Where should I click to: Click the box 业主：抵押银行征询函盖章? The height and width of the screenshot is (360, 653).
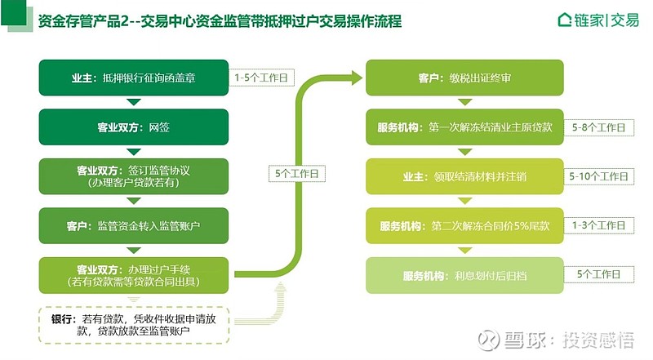coord(134,78)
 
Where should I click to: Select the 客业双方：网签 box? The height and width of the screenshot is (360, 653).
coord(134,127)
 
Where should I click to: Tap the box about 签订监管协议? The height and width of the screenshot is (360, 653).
coord(134,176)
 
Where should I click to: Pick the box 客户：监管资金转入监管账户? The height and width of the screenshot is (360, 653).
coord(134,226)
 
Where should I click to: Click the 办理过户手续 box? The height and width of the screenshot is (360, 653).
coord(134,275)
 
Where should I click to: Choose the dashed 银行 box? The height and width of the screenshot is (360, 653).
coord(134,325)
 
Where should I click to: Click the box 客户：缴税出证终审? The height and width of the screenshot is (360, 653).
coord(464,78)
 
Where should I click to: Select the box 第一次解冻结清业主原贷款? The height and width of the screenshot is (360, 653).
coord(464,127)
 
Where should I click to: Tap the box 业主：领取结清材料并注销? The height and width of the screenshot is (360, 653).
coord(464,176)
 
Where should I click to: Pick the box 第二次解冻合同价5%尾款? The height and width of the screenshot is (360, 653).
coord(464,226)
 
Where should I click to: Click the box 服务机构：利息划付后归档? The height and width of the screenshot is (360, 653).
coord(464,275)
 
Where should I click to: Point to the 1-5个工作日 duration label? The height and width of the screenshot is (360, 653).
coord(261,78)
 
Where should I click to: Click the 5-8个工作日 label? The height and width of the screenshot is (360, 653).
coord(598,127)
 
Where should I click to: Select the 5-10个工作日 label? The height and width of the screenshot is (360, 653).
coord(598,176)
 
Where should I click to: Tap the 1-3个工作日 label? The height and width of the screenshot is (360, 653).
coord(598,225)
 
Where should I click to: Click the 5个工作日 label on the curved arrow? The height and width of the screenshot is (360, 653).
coord(296,173)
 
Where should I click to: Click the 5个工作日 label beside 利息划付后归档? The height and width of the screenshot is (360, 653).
coord(598,274)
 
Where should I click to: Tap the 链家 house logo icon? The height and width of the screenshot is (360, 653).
coord(564,20)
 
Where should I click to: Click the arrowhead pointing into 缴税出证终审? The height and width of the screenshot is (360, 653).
coord(357,78)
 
